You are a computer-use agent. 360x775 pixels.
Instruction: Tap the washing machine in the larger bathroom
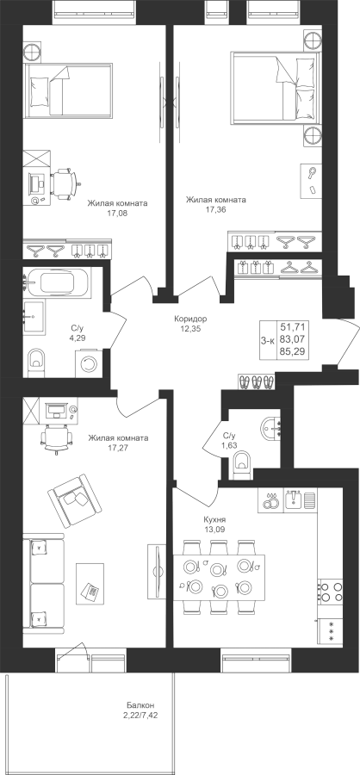click(90, 363)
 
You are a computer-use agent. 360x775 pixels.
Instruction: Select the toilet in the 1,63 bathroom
click(242, 467)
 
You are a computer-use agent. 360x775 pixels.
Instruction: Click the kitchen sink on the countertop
click(293, 499)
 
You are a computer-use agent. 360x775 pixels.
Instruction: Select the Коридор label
click(190, 319)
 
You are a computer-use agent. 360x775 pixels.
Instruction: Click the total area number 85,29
click(293, 351)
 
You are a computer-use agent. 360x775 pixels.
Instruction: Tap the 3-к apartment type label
click(269, 339)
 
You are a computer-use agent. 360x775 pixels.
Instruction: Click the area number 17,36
click(215, 209)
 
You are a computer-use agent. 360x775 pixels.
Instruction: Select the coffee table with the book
click(90, 583)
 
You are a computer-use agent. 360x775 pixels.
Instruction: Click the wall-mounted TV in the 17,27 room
click(156, 569)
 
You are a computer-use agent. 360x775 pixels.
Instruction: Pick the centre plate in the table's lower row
click(219, 590)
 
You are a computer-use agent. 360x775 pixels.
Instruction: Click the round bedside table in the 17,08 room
click(33, 51)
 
